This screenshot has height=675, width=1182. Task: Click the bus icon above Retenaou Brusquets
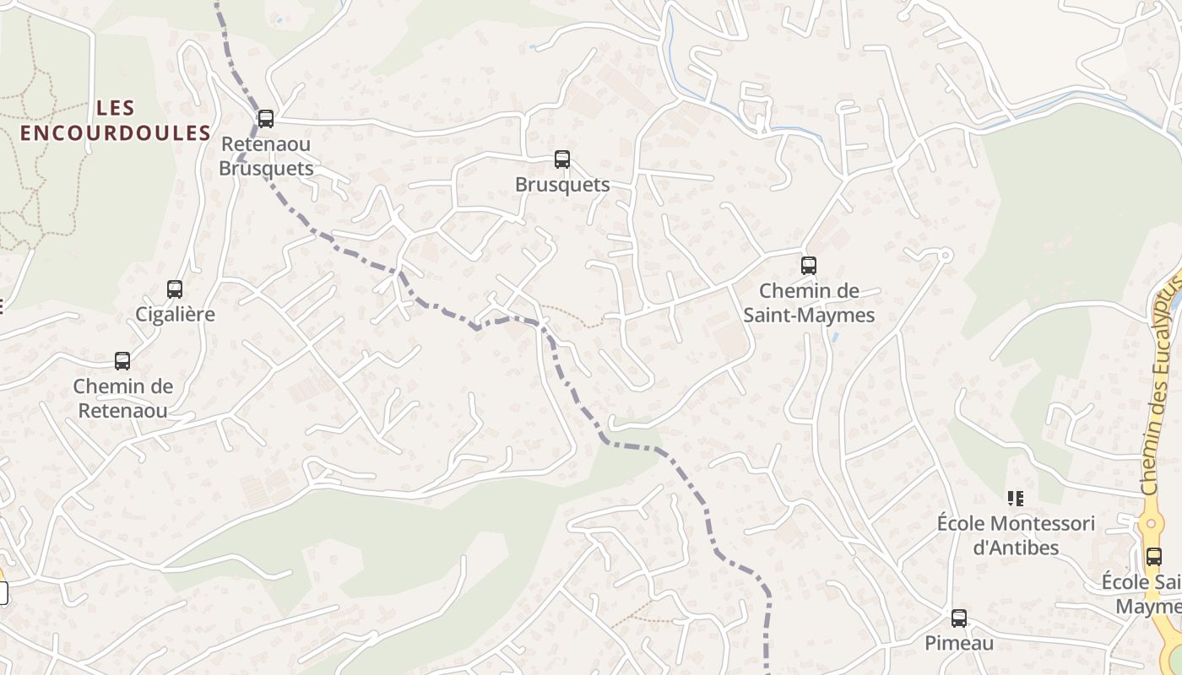[x=266, y=119]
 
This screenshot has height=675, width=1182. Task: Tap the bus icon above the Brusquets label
[x=562, y=159]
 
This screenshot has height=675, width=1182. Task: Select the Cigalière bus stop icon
[x=175, y=289]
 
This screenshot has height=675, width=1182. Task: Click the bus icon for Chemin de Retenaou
[x=122, y=361]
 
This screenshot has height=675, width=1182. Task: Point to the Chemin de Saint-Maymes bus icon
[x=809, y=266]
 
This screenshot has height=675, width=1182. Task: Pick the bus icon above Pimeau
[x=959, y=618]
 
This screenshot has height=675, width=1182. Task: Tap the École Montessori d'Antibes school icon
[x=1016, y=499]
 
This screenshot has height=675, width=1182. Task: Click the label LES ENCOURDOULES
[x=116, y=121]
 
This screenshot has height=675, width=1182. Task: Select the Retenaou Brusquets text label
[x=266, y=156]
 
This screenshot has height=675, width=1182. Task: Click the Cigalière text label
[x=176, y=315]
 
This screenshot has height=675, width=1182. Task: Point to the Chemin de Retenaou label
[x=122, y=399]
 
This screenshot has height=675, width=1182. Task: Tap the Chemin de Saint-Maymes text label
[x=809, y=303]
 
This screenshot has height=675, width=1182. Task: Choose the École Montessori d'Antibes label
[x=1016, y=535]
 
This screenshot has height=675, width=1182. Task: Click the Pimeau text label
[x=959, y=643]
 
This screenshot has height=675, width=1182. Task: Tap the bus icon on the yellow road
[x=1153, y=557]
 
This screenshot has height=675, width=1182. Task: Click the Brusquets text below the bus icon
[x=562, y=185]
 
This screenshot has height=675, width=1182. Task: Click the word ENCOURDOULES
[x=116, y=133]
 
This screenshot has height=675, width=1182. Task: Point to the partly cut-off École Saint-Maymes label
[x=1143, y=594]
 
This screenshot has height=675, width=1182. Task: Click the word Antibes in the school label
[x=1016, y=548]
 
